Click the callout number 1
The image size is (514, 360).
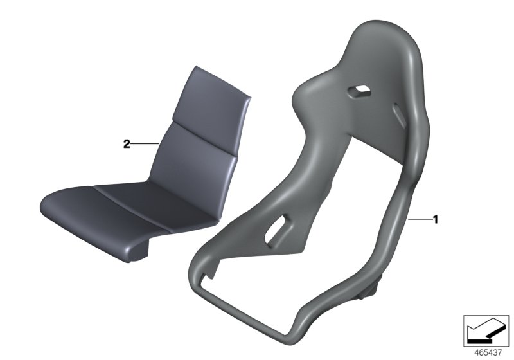click(436, 219)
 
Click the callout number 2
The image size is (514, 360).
click(127, 143)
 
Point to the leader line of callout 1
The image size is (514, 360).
click(420, 219)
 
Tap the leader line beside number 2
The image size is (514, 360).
click(145, 143)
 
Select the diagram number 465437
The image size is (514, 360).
click(488, 352)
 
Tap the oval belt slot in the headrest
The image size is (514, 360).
click(360, 91)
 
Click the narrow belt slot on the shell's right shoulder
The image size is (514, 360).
click(400, 115)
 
